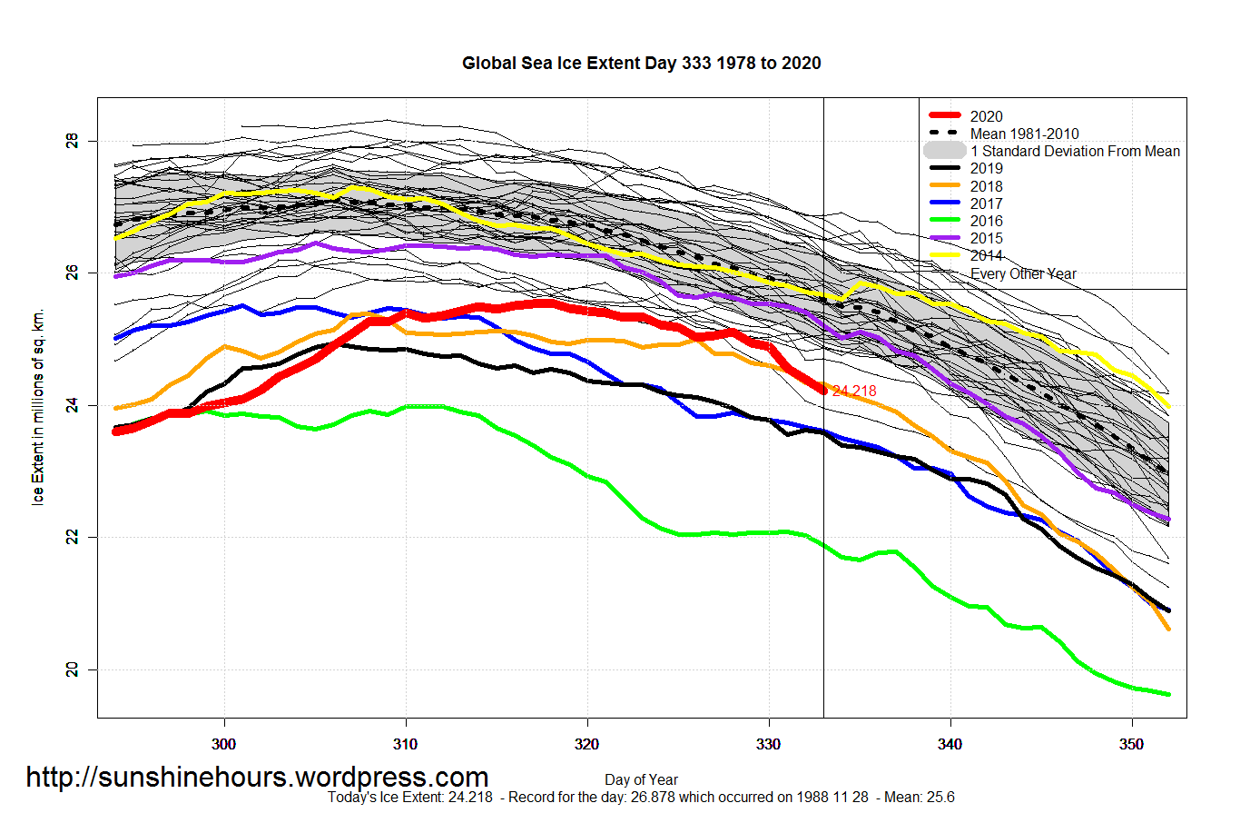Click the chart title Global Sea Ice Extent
[641, 64]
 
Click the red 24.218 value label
[854, 392]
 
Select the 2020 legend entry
[986, 116]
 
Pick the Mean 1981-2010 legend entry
[1024, 134]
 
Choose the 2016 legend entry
[986, 221]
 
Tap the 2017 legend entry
[986, 203]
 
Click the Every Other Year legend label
[1023, 273]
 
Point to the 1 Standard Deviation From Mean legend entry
[1075, 152]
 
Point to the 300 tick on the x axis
[223, 745]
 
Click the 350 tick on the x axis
[1131, 745]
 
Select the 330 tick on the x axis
[768, 745]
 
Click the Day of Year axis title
[641, 779]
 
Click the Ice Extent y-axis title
[38, 407]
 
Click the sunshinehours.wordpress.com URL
[257, 778]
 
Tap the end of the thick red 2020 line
[823, 391]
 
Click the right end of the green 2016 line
[1167, 695]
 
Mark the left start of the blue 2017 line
[115, 338]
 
